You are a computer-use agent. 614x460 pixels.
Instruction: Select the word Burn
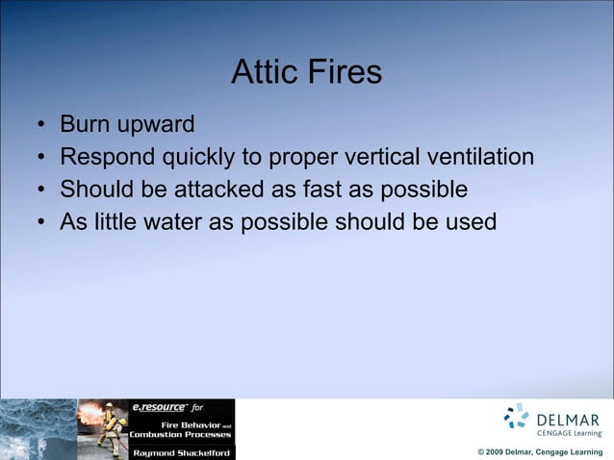pyautogui.click(x=81, y=124)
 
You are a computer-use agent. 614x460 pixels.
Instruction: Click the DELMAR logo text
pyautogui.click(x=568, y=420)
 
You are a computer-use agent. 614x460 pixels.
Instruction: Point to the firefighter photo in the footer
pyautogui.click(x=103, y=429)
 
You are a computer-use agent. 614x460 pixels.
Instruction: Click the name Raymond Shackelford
pyautogui.click(x=181, y=451)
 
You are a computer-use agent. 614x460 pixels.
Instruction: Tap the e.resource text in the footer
pyautogui.click(x=158, y=407)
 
